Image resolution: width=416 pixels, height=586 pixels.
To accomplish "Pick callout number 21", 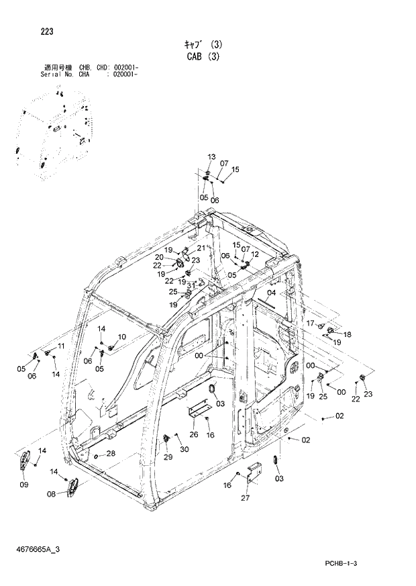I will (x=201, y=248).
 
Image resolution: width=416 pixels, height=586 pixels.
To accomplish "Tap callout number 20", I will (x=158, y=257).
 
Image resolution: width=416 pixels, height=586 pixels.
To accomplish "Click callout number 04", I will (x=271, y=293).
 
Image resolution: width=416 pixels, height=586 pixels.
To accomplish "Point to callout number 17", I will (x=310, y=324).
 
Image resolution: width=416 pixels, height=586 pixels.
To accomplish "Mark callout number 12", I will (x=255, y=254).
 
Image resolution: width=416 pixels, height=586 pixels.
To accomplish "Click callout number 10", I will (x=121, y=336).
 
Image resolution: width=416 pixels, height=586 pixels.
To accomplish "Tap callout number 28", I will (x=110, y=453).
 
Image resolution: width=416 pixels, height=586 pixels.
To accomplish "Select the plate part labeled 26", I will (x=199, y=411).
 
